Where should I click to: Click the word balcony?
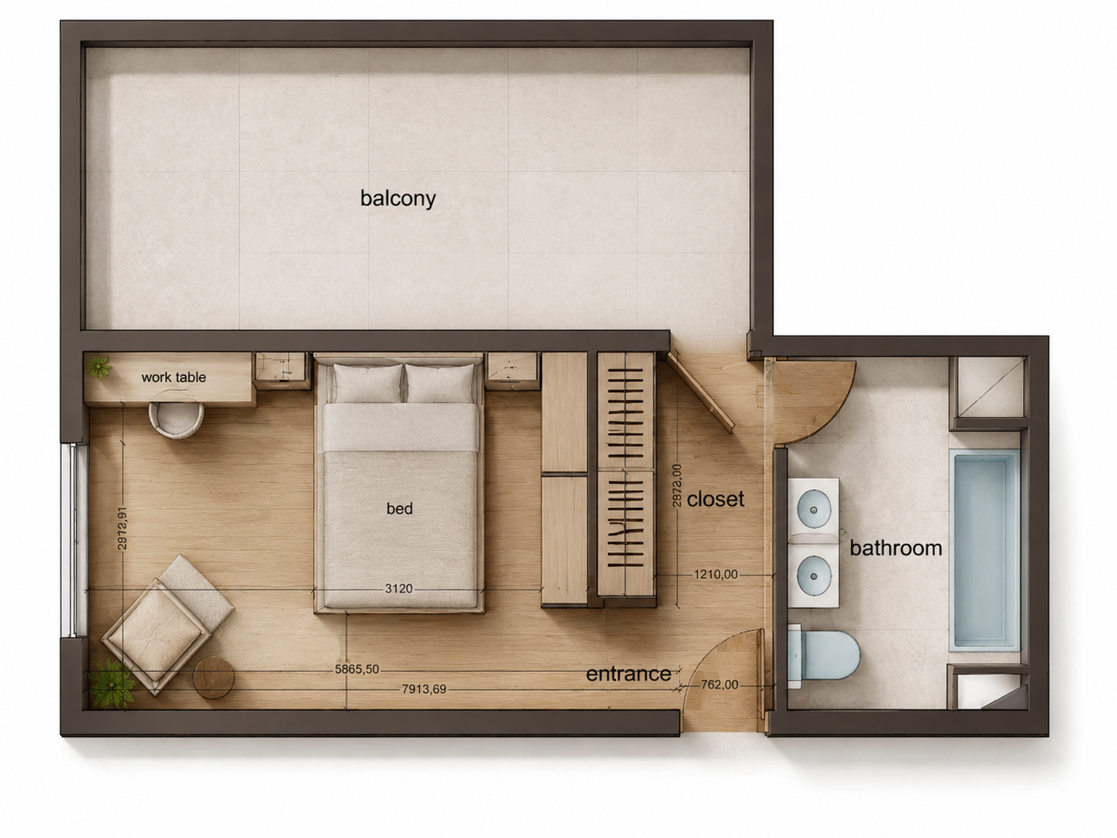click(x=398, y=198)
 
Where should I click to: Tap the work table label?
click(x=174, y=377)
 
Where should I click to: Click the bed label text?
click(x=399, y=508)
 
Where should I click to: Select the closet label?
click(x=715, y=499)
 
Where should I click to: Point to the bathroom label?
click(x=896, y=548)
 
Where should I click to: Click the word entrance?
click(x=628, y=673)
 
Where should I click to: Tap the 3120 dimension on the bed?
click(x=398, y=588)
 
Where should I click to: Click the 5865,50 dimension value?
click(x=357, y=669)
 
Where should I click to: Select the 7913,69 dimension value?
click(x=424, y=689)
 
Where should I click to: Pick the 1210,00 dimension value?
click(x=716, y=574)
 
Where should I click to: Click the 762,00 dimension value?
click(x=719, y=685)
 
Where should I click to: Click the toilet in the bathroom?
click(x=823, y=656)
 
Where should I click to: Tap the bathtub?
click(x=984, y=550)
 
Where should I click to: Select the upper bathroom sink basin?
click(x=814, y=510)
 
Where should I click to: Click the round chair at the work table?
click(x=176, y=419)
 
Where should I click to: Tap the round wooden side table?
click(x=214, y=677)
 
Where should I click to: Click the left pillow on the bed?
click(x=368, y=383)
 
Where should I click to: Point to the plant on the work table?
click(x=99, y=366)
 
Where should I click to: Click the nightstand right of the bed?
click(x=512, y=371)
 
